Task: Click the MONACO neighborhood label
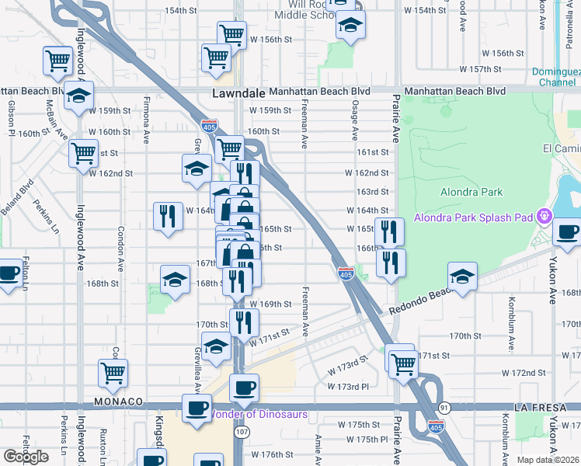(x=119, y=402)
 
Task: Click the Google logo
(x=25, y=456)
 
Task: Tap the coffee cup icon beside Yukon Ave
(x=567, y=232)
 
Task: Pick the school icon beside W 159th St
(x=78, y=96)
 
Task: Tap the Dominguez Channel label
(x=556, y=77)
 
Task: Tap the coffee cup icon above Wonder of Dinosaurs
(x=245, y=388)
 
